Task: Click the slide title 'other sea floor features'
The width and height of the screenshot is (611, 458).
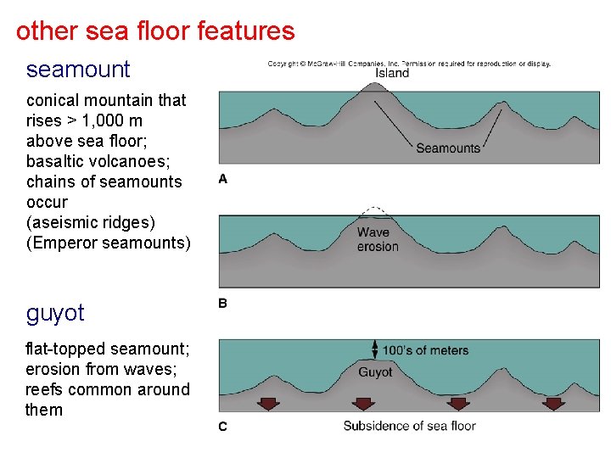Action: (155, 31)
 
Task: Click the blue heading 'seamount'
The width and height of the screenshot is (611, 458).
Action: (78, 69)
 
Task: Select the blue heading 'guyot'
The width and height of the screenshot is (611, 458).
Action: (55, 313)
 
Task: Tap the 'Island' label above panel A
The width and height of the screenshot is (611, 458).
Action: (392, 73)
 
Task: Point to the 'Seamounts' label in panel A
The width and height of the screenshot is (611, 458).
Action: (448, 148)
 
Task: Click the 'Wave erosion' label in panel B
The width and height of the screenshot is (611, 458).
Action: (378, 239)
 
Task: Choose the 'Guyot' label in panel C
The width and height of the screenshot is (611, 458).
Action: (375, 372)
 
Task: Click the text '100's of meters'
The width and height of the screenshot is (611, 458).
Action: (425, 350)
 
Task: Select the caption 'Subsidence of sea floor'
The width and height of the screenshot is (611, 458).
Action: (409, 426)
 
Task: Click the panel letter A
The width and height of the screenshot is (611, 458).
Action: (223, 179)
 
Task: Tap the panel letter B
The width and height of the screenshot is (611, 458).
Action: (223, 303)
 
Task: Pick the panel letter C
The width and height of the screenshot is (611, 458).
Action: (223, 427)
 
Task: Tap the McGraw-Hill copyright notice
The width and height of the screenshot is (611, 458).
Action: (409, 63)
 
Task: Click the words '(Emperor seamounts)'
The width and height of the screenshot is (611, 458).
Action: (109, 243)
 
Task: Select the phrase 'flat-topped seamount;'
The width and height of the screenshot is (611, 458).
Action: (108, 349)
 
